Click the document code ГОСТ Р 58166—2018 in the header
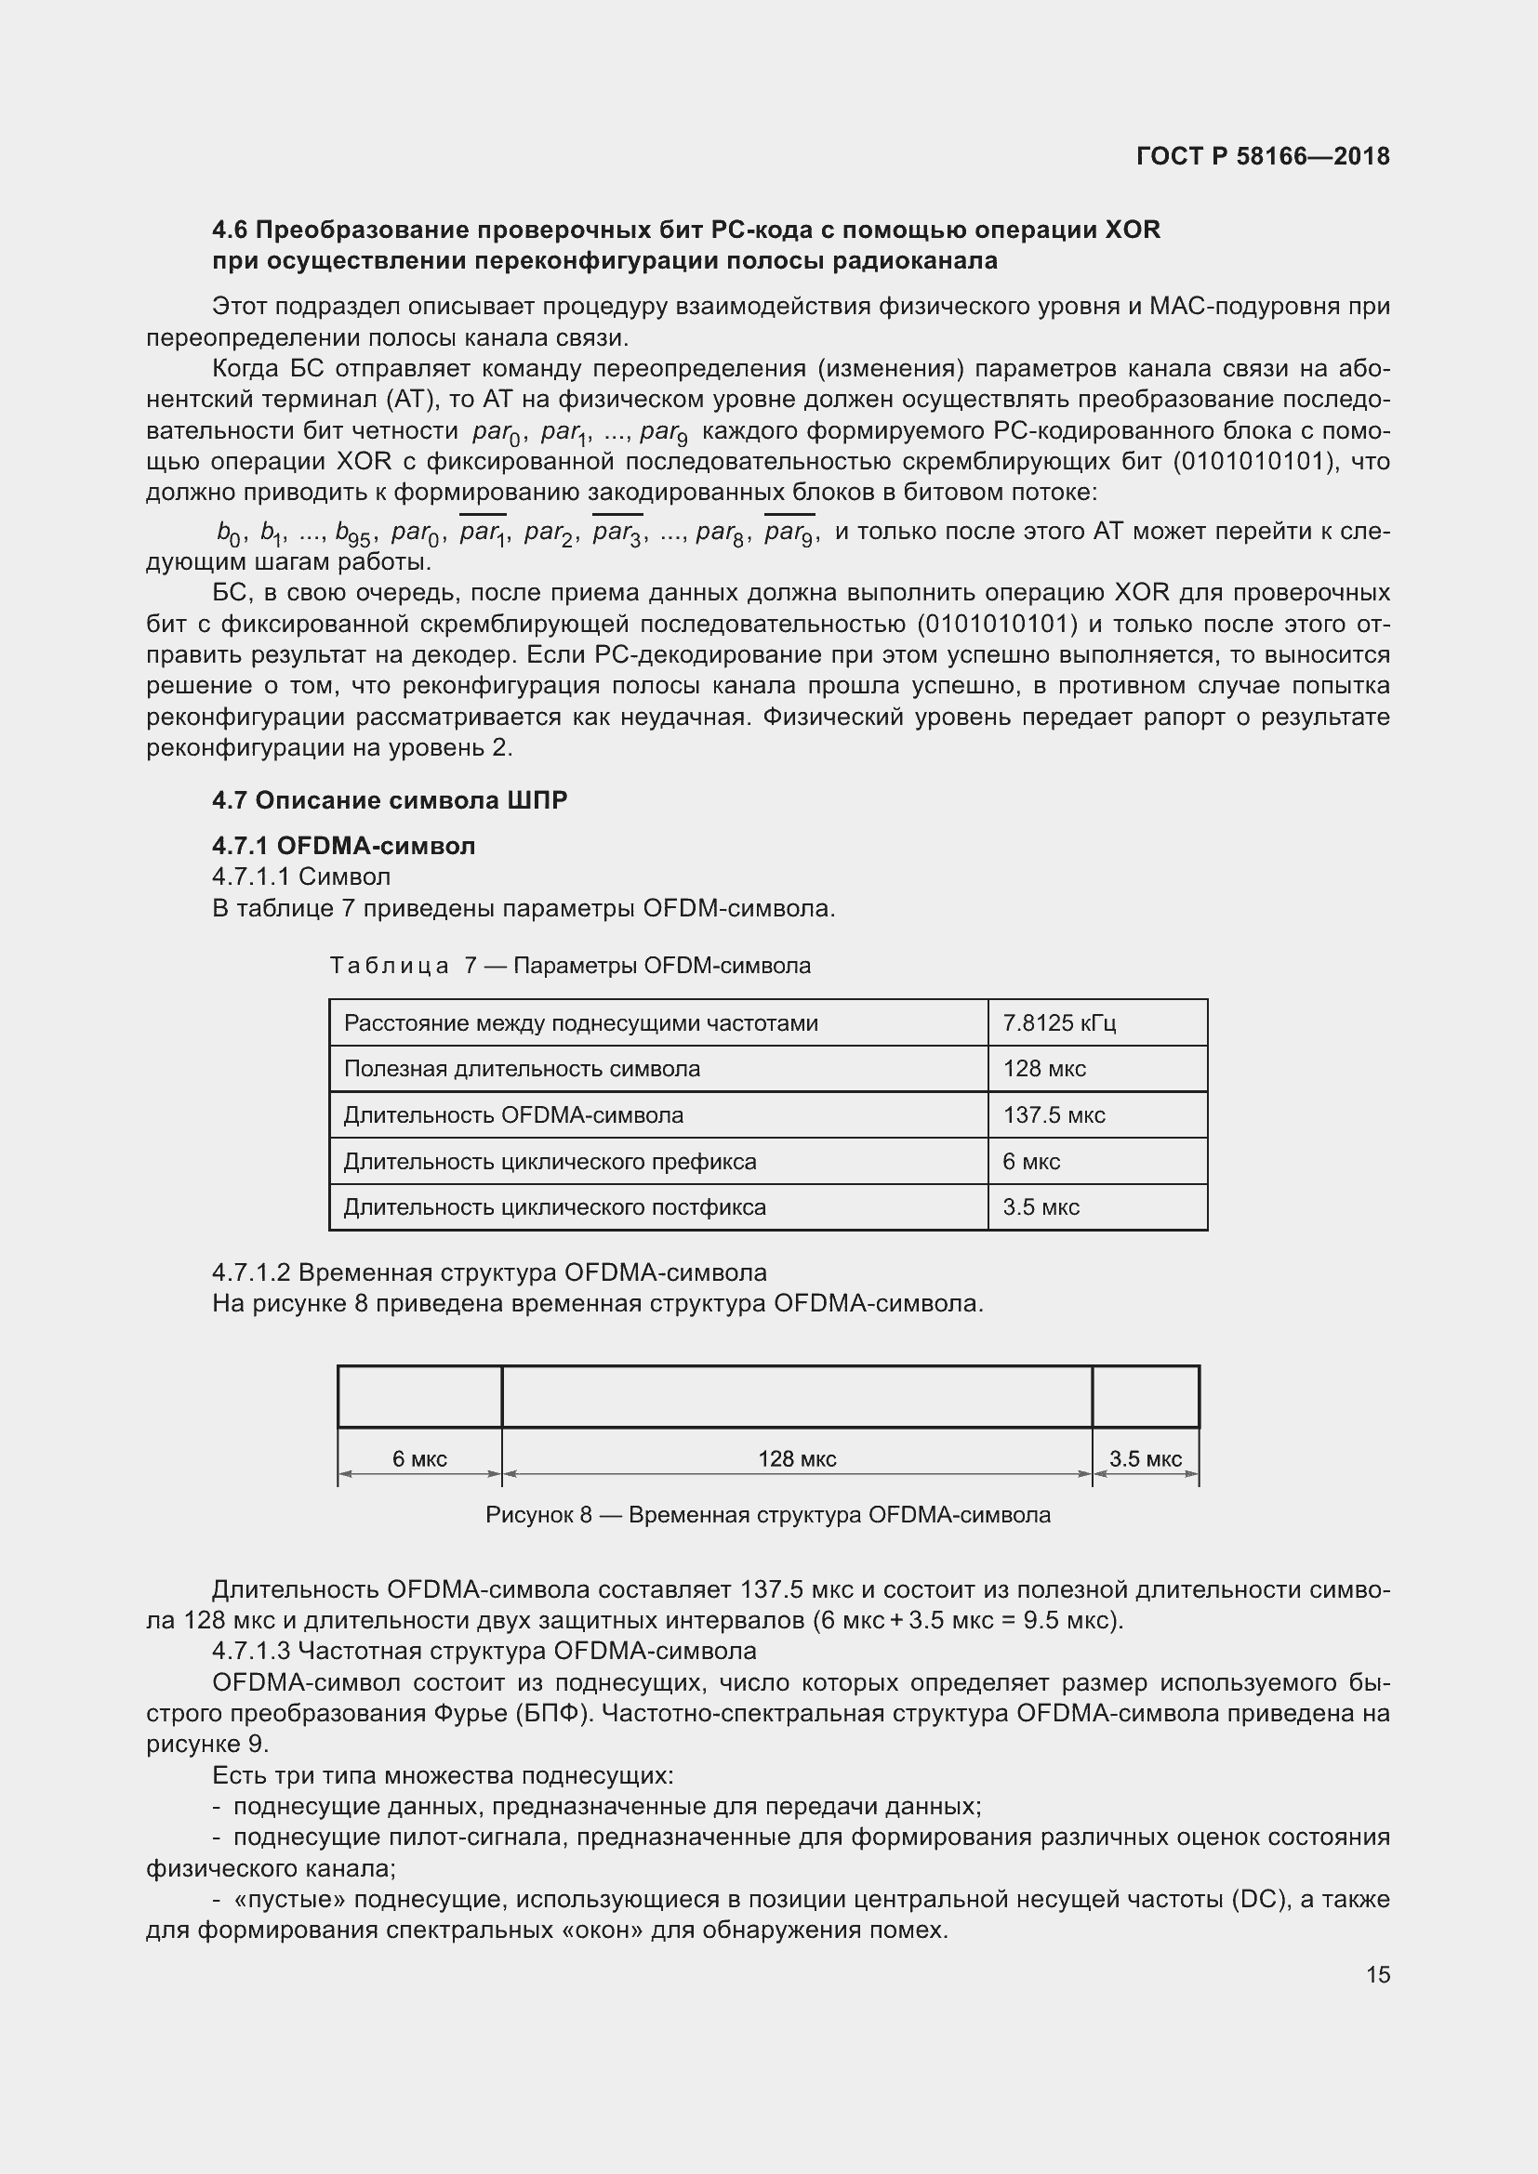1263,156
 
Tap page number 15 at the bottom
1378,1974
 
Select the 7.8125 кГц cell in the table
1059,1022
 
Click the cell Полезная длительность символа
522,1069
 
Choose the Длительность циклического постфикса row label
554,1207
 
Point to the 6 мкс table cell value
1031,1161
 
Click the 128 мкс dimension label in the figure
797,1458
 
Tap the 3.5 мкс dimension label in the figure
1145,1458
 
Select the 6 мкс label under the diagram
419,1458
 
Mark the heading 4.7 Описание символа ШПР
390,800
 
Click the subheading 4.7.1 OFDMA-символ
344,846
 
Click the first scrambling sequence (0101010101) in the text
1248,462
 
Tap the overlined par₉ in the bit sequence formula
789,534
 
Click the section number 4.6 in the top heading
230,231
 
